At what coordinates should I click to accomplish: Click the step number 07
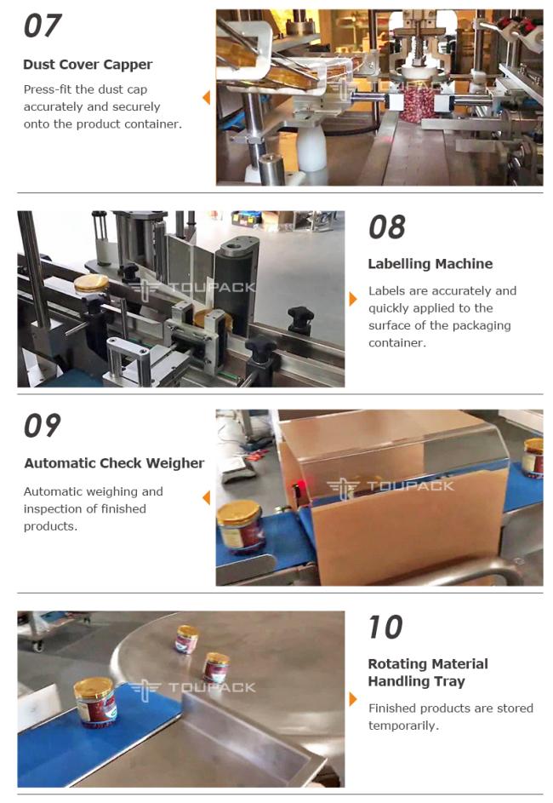43,26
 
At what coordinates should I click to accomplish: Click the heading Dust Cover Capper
88,65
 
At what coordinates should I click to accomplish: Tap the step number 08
387,227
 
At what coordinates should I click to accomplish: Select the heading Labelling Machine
430,264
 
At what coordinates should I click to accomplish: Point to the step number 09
43,426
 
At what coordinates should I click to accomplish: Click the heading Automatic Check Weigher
114,463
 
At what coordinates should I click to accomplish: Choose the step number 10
385,627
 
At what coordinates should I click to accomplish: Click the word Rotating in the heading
397,663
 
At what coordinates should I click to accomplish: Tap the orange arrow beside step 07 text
207,97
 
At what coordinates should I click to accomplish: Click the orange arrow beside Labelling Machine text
352,299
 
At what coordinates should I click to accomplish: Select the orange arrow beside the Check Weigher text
207,497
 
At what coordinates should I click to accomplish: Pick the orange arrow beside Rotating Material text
352,698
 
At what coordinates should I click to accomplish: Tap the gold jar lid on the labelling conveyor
91,282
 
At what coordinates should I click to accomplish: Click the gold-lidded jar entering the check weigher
241,526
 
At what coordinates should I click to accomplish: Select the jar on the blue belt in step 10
95,702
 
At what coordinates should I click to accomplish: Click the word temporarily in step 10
403,726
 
